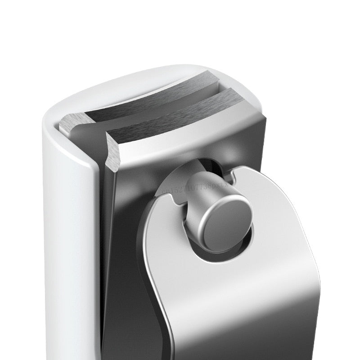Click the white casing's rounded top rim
click(112, 83)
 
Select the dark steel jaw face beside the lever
click(121, 270)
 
